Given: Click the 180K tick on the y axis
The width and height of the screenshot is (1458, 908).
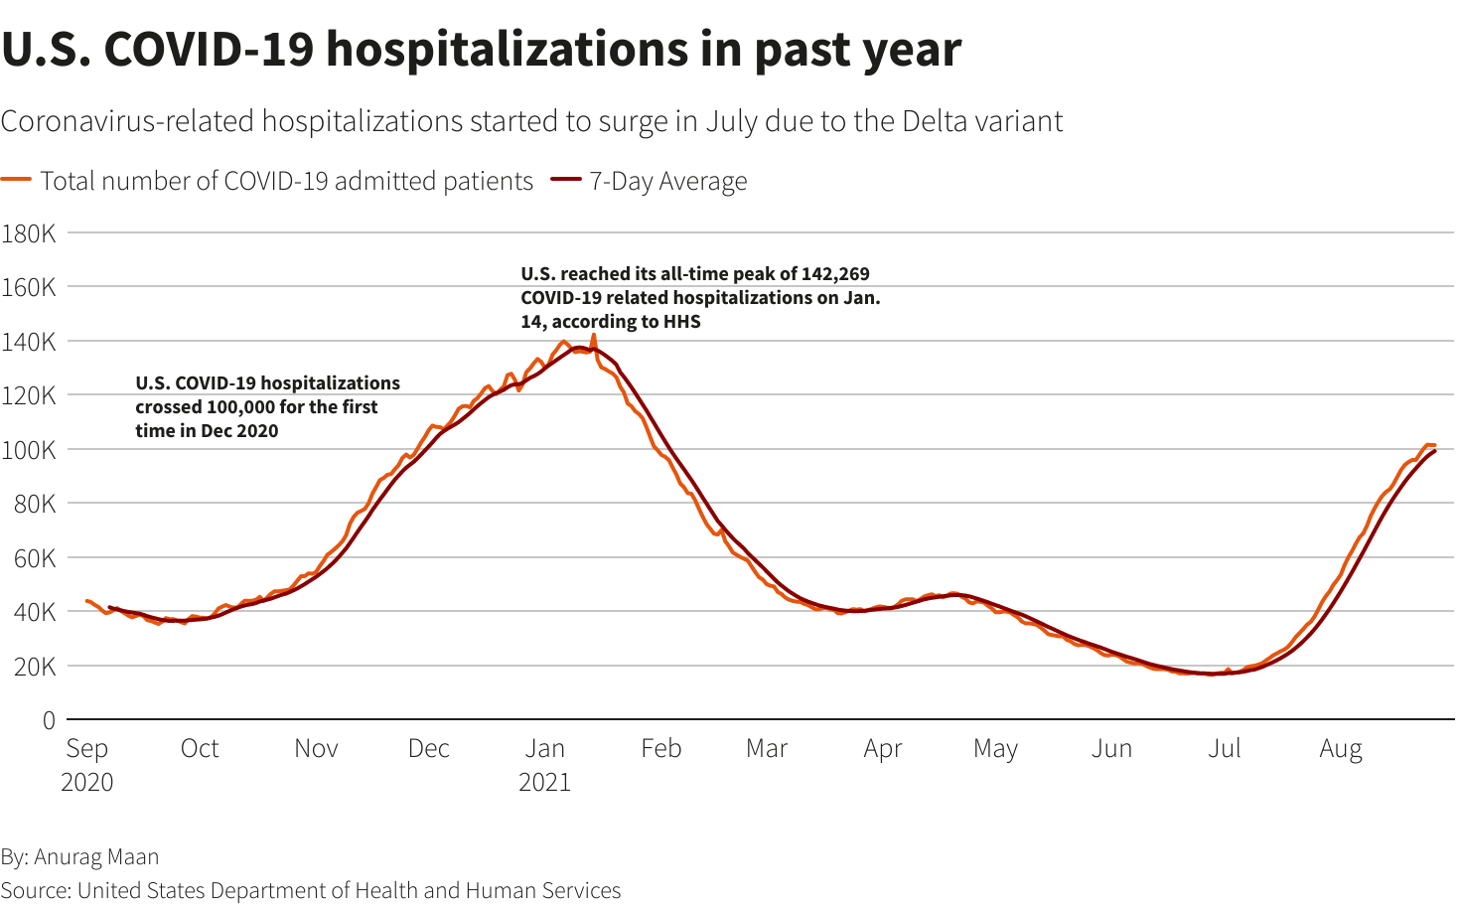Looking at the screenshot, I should point(29,233).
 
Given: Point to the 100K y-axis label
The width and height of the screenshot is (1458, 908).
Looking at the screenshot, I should point(29,450).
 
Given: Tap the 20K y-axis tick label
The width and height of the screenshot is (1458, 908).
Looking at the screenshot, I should point(34,667).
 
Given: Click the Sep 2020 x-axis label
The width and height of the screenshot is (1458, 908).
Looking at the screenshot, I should point(87,765).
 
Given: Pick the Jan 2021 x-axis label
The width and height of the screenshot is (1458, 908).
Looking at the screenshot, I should point(544,765).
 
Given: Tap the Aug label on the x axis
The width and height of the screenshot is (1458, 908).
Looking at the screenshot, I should point(1340,749).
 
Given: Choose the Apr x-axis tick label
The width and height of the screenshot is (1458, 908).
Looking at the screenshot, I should point(882,749).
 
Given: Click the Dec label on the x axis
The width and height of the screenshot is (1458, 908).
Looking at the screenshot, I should point(428,749).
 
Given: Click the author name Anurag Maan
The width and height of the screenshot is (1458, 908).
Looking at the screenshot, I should point(96,856).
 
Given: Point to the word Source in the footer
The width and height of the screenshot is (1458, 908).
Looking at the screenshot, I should point(35,890).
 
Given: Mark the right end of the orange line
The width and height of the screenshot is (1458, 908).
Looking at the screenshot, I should point(1434,445).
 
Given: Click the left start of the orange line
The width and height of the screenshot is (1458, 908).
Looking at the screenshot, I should point(87,601).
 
